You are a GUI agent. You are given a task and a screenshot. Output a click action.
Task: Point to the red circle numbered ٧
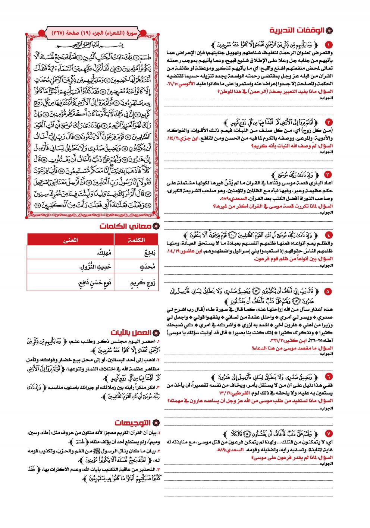(328, 433)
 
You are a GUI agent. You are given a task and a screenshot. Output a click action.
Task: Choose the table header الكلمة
(136, 240)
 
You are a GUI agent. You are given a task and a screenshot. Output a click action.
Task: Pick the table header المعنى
(70, 240)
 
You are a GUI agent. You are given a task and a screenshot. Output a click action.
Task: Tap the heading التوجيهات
(132, 423)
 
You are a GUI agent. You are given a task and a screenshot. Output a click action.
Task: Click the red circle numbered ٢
(328, 122)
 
